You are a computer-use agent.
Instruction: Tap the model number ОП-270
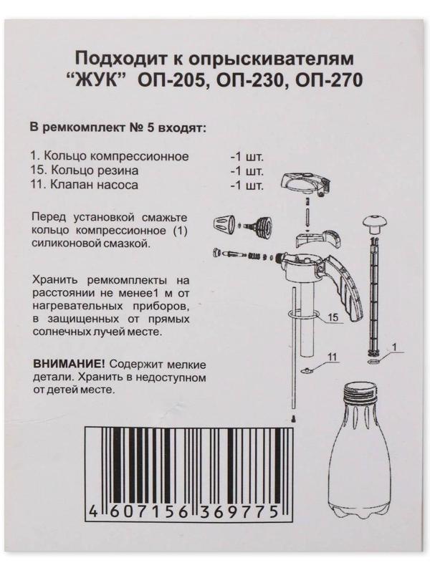pos(329,81)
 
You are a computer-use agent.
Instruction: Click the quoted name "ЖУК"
pos(98,80)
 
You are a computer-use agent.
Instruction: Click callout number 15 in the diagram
pos(333,317)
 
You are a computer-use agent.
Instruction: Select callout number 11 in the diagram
pos(331,357)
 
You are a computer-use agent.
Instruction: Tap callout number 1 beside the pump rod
pos(395,345)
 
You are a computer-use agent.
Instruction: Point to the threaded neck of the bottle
pos(360,393)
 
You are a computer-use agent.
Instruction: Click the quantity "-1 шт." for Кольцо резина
pos(247,171)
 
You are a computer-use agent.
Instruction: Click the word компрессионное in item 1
pos(139,156)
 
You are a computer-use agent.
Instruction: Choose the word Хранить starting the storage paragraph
pos(56,280)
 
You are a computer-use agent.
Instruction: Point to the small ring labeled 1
pos(373,362)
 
